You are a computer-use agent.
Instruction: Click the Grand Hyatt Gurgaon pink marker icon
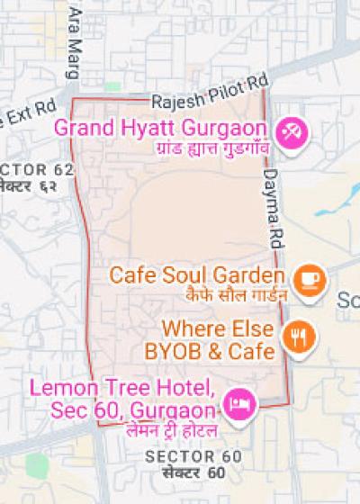pos(292,134)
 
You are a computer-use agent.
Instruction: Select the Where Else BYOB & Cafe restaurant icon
pos(298,337)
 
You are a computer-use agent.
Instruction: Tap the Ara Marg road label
pos(74,32)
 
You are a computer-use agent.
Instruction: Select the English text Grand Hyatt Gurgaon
pos(163,127)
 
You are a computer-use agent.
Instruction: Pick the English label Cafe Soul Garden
pos(197,274)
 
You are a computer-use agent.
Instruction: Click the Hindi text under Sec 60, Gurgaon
pos(171,432)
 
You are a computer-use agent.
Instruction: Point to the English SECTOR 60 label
pos(193,456)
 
